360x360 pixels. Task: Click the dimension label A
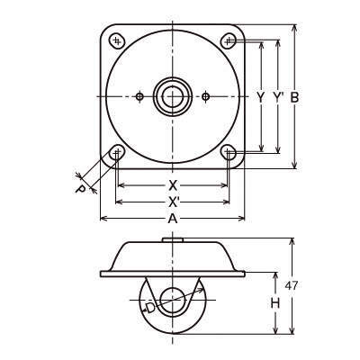173,219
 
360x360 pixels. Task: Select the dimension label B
294,97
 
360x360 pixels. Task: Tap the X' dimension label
174,202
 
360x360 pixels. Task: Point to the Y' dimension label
279,97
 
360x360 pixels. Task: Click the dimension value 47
292,286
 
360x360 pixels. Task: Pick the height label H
275,303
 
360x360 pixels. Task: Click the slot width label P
80,189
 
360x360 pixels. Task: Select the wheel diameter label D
150,308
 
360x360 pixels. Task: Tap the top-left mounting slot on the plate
117,40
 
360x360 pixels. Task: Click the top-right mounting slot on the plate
229,40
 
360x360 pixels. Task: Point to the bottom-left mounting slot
117,153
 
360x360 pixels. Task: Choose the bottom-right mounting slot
229,153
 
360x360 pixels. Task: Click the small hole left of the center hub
139,96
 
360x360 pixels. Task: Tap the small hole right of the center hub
205,96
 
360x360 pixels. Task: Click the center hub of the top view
173,96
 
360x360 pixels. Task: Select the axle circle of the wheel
173,301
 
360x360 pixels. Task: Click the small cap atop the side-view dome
173,240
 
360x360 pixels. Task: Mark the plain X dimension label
173,186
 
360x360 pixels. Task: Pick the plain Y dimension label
261,97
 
